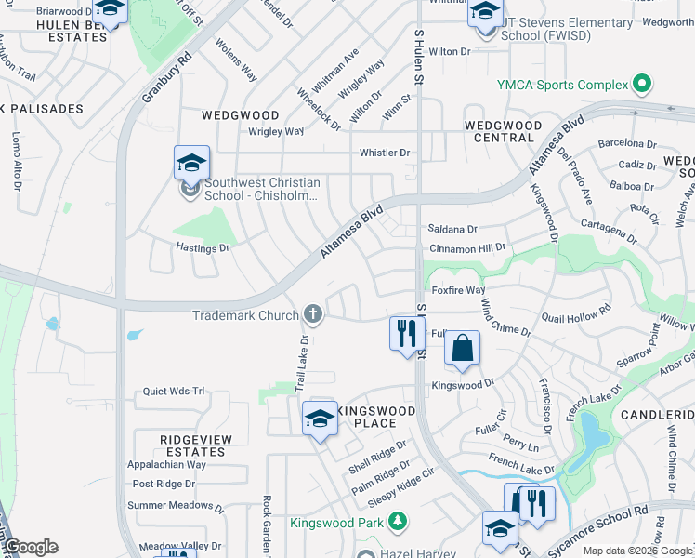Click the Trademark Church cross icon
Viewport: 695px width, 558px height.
pos(313,315)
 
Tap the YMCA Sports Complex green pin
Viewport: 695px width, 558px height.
pos(641,86)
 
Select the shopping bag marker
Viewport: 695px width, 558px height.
pos(462,350)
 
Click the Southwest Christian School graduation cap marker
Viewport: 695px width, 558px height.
pos(191,164)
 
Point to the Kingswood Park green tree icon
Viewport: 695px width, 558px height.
pos(397,522)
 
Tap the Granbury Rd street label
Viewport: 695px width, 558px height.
pos(167,75)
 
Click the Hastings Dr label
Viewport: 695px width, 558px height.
pos(203,248)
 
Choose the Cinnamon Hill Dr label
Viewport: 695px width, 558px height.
pos(467,248)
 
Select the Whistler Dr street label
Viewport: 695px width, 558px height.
pos(386,153)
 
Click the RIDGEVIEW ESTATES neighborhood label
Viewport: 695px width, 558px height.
pos(192,445)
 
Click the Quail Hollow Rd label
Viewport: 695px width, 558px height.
pos(577,313)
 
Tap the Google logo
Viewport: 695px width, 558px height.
pos(31,547)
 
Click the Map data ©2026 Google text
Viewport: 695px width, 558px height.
pos(638,551)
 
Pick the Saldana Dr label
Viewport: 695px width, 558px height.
pos(452,229)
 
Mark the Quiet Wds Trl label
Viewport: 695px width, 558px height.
pos(173,392)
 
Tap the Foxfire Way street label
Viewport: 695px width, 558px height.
pos(459,290)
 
